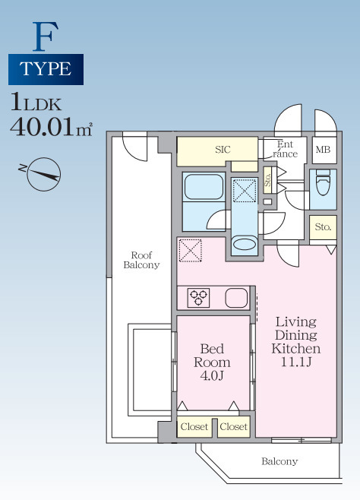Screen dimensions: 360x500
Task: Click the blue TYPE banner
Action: tap(46, 69)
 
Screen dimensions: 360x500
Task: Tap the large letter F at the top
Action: tap(46, 36)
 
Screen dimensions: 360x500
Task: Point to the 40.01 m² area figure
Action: tap(52, 127)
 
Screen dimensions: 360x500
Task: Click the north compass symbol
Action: tap(43, 174)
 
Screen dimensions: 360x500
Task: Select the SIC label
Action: tap(223, 150)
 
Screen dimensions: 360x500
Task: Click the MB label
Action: tap(323, 149)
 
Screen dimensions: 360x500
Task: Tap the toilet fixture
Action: tap(323, 182)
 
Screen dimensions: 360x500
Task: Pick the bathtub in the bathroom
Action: tap(204, 187)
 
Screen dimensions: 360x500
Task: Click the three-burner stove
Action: tap(198, 298)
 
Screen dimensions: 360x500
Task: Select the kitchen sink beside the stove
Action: tap(236, 298)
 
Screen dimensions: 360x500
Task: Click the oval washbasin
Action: tap(245, 245)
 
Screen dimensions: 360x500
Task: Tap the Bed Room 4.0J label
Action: tap(212, 362)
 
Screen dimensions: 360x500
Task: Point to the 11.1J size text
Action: tap(296, 362)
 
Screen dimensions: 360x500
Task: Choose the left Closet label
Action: tap(194, 426)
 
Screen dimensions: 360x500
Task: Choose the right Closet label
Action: tap(233, 426)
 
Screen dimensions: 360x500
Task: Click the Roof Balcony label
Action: tap(141, 260)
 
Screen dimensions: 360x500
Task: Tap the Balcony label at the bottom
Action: tap(279, 461)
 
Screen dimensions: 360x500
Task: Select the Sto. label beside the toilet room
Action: tap(323, 226)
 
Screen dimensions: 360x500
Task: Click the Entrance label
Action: tap(285, 149)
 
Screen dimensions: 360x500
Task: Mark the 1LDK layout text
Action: tap(36, 102)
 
